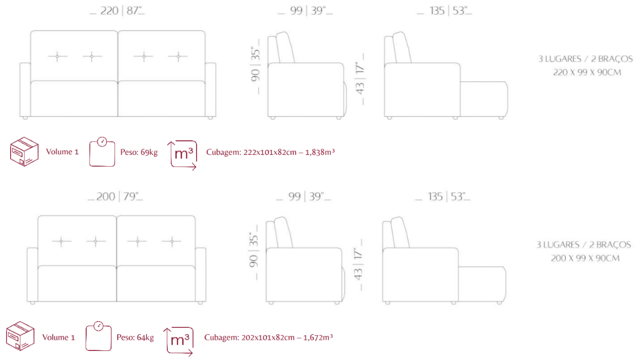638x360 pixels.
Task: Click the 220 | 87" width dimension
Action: [x=117, y=11]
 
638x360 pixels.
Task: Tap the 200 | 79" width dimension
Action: [x=115, y=196]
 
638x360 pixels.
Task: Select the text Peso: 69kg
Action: [x=139, y=152]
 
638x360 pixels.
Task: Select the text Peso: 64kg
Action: [x=135, y=337]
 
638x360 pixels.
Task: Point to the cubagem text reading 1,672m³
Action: [x=318, y=337]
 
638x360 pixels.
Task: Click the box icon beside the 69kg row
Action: [x=24, y=152]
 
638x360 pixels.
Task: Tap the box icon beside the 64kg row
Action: [x=20, y=336]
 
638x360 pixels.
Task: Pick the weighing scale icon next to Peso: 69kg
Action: [x=102, y=152]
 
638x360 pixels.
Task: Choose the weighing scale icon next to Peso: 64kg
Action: [x=99, y=336]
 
